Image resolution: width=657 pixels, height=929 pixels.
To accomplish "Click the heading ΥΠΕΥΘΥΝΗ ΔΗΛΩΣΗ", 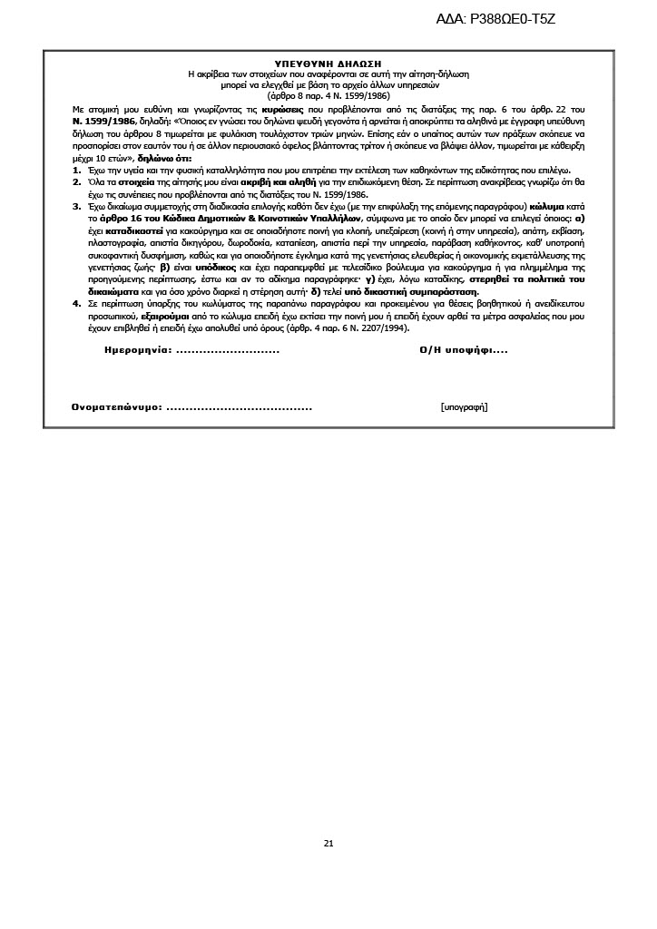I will (x=328, y=64).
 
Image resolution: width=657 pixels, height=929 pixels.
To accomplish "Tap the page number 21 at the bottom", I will (x=328, y=843).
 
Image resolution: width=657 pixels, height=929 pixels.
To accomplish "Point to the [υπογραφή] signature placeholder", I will (x=464, y=406).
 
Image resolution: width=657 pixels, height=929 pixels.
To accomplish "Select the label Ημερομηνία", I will (x=137, y=349).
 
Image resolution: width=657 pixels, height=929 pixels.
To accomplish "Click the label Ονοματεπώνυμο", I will (x=117, y=406).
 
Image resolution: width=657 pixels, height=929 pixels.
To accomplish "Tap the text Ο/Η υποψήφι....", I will (x=457, y=349).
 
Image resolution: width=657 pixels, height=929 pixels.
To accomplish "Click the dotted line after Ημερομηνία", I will (x=227, y=350).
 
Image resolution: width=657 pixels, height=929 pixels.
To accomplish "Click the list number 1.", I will (x=76, y=170).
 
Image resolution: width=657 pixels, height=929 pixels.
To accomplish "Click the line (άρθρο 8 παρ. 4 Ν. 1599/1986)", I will (x=328, y=94).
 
